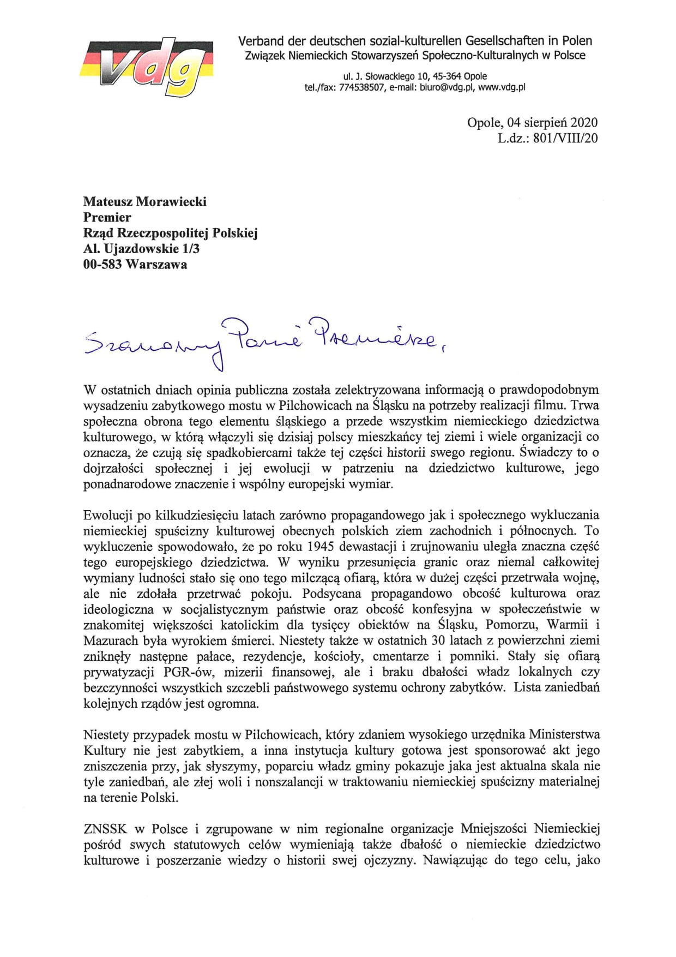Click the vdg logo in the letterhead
pos(146,67)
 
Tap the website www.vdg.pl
pos(502,87)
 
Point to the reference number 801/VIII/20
pos(565,138)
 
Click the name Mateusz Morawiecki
pos(144,202)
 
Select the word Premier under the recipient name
pos(107,217)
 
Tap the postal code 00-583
pos(102,265)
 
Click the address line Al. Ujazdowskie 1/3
pos(141,249)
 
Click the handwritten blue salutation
pos(262,341)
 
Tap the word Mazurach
pos(104,641)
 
